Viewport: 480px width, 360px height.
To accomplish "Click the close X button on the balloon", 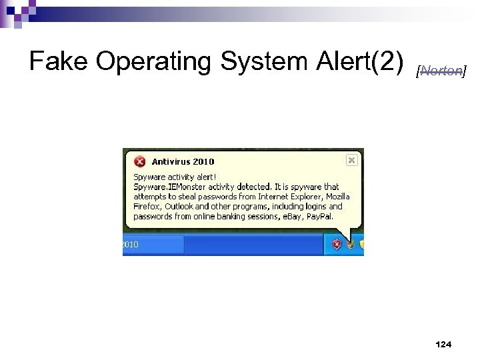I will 352,160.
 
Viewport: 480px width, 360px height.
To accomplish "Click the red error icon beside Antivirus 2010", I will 140,161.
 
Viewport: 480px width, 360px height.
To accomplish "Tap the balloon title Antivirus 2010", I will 183,161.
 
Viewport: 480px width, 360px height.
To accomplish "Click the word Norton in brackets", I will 441,71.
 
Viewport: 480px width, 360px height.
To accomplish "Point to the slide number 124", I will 443,344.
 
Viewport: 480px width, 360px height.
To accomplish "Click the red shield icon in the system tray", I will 337,244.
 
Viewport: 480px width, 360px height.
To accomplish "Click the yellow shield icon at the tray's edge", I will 362,244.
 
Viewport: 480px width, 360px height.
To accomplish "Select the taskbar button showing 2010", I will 153,245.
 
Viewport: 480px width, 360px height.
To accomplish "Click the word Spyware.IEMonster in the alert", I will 167,187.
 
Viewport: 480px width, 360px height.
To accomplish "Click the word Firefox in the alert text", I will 147,207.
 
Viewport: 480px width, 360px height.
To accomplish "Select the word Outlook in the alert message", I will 179,207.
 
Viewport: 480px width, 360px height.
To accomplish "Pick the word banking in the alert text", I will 235,216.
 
